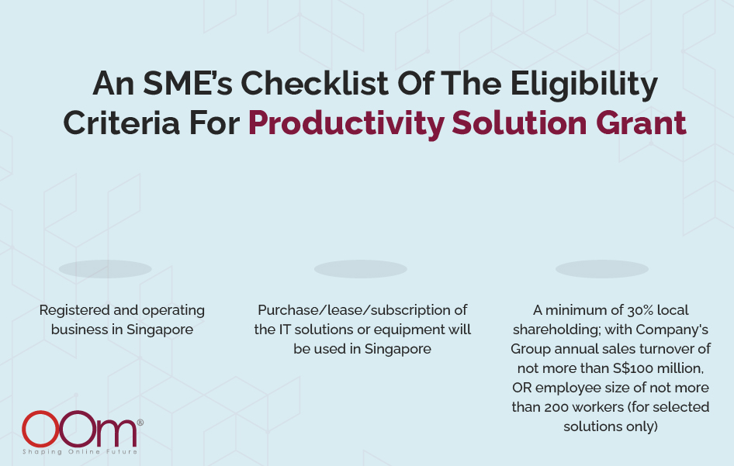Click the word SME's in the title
pos(187,83)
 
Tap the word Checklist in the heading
pos(314,83)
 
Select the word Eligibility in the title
pos(583,85)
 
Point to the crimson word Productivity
pos(346,124)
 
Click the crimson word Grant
pos(641,123)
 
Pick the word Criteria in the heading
pos(121,123)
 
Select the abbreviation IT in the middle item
pos(285,330)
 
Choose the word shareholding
pos(556,330)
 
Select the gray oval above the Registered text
pos(106,269)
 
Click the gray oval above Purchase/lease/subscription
pos(361,269)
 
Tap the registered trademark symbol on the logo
pos(140,422)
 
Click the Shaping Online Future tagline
pos(80,451)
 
